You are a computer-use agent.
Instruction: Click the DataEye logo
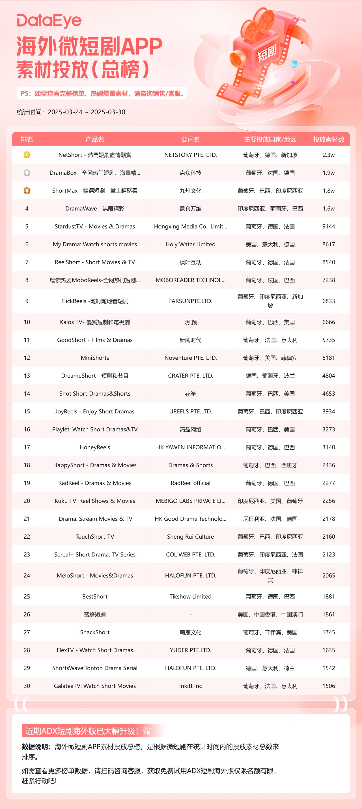49,21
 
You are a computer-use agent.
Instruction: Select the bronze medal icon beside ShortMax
27,191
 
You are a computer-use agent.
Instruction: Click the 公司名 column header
190,139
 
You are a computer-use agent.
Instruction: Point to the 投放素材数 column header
328,139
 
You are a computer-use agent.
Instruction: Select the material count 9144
328,226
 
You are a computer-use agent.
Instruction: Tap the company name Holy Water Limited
190,244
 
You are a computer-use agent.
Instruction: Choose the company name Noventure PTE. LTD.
190,358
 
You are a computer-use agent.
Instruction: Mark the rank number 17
27,447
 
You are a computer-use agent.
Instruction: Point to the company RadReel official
190,483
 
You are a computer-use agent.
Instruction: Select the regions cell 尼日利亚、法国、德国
270,519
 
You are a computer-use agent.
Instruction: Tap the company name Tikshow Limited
190,596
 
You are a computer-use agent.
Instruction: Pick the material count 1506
328,686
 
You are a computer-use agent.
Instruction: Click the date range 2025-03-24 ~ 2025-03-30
87,112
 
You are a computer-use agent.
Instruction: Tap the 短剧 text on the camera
266,53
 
